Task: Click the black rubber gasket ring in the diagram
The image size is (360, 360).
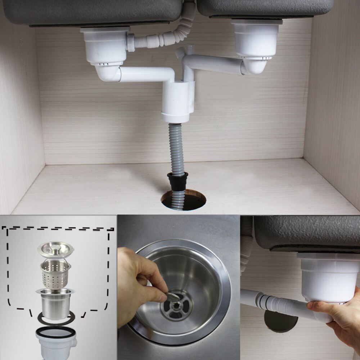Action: click(56, 319)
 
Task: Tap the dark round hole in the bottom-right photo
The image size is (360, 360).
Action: click(281, 321)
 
